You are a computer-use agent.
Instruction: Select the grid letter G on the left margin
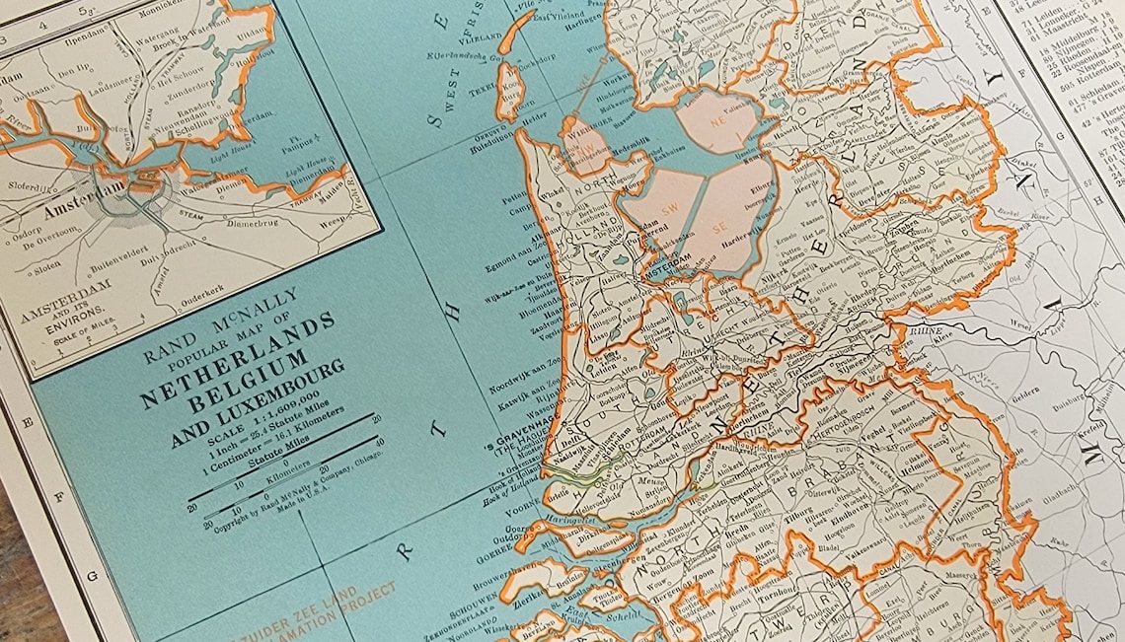(x=91, y=572)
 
